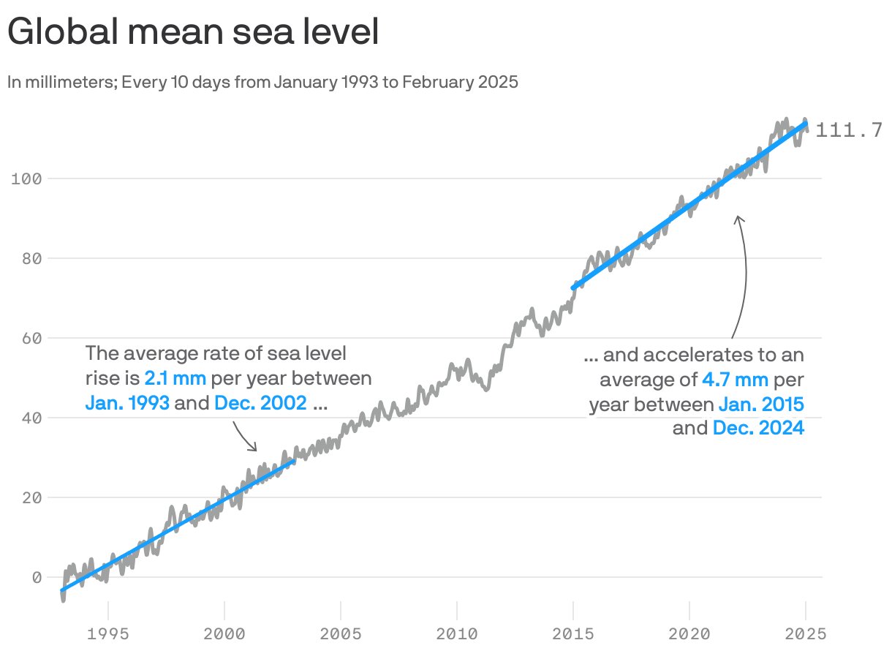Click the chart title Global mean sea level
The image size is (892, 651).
coord(193,33)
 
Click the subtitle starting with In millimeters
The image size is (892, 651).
coord(262,82)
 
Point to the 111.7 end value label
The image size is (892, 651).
coord(848,130)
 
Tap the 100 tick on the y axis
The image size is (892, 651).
coord(28,178)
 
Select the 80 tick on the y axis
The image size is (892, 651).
coord(31,258)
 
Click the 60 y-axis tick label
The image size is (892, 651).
coord(31,338)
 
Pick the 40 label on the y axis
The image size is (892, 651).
coord(31,418)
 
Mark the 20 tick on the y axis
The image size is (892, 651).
coord(31,497)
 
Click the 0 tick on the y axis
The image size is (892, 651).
coord(36,577)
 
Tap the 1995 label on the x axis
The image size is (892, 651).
coord(108,633)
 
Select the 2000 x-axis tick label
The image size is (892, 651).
coord(224,633)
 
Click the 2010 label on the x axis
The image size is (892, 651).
coord(457,633)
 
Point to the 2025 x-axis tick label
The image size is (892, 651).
coord(806,633)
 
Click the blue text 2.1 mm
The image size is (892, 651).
coord(175,379)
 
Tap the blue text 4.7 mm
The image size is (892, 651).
coord(735,379)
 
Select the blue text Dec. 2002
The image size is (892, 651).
coord(260,403)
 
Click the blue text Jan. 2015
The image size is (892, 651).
coord(761,404)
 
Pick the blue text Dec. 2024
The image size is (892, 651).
coord(758,428)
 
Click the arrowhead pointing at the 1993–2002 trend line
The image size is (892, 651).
coord(254,448)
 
